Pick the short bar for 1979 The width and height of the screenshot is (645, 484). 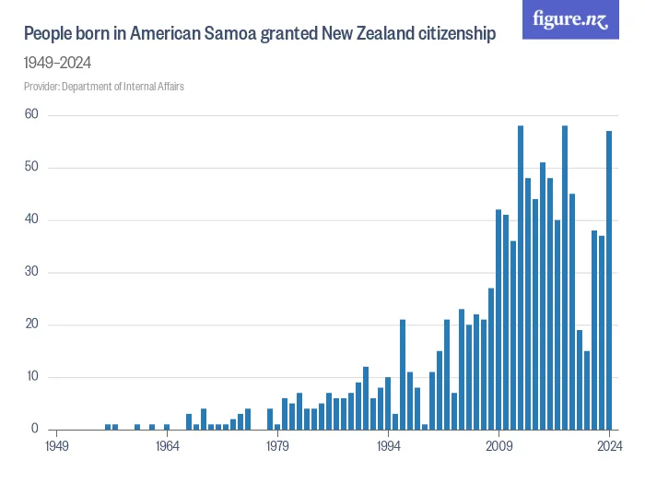(277, 426)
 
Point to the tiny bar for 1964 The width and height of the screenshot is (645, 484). (167, 426)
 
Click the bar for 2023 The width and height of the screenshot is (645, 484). (602, 332)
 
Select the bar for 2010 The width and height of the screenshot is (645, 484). (506, 322)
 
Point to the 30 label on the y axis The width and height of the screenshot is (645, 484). (31, 272)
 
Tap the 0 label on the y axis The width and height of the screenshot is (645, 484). (34, 430)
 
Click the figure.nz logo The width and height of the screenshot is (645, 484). (571, 19)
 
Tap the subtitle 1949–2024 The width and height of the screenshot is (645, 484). (57, 63)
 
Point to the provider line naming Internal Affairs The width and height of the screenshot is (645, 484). (110, 87)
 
